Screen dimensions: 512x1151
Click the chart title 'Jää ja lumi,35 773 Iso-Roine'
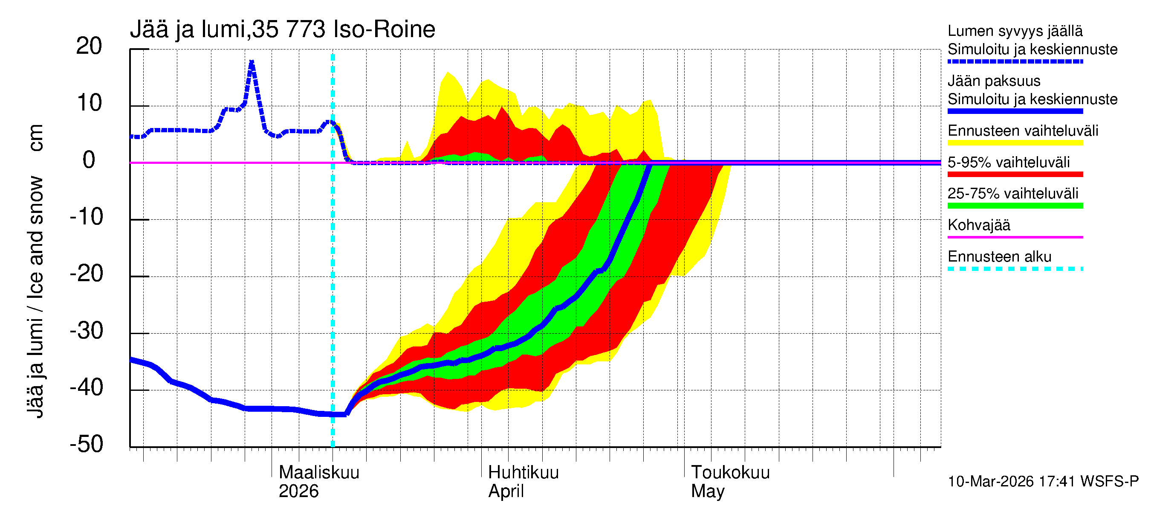pyautogui.click(x=282, y=30)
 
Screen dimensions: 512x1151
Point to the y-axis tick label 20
pyautogui.click(x=89, y=46)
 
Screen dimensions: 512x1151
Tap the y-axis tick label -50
pyautogui.click(x=87, y=444)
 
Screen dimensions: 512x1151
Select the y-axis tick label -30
pyautogui.click(x=87, y=331)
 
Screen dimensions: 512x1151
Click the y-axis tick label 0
pyautogui.click(x=89, y=160)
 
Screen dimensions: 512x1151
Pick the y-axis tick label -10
pyautogui.click(x=87, y=217)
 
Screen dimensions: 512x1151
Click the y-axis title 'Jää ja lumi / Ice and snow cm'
pyautogui.click(x=35, y=271)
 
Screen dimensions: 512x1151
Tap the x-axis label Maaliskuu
pyautogui.click(x=319, y=472)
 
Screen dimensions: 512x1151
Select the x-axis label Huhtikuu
pyautogui.click(x=523, y=472)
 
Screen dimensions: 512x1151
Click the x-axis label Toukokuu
pyautogui.click(x=730, y=472)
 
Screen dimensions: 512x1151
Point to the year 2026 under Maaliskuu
pyautogui.click(x=298, y=491)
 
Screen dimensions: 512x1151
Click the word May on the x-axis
pyautogui.click(x=708, y=491)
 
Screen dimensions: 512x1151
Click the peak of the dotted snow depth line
pyautogui.click(x=252, y=62)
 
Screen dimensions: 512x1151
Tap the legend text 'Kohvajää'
pyautogui.click(x=978, y=225)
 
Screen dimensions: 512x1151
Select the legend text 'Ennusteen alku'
pyautogui.click(x=1000, y=257)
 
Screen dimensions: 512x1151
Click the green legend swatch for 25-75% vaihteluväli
pyautogui.click(x=1015, y=206)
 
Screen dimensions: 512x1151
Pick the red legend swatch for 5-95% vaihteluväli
pyautogui.click(x=1015, y=175)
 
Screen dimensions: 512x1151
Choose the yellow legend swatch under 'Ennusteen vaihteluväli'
pyautogui.click(x=1015, y=143)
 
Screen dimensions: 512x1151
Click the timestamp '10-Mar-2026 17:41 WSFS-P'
pyautogui.click(x=1043, y=482)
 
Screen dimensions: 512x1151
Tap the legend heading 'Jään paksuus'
pyautogui.click(x=994, y=81)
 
